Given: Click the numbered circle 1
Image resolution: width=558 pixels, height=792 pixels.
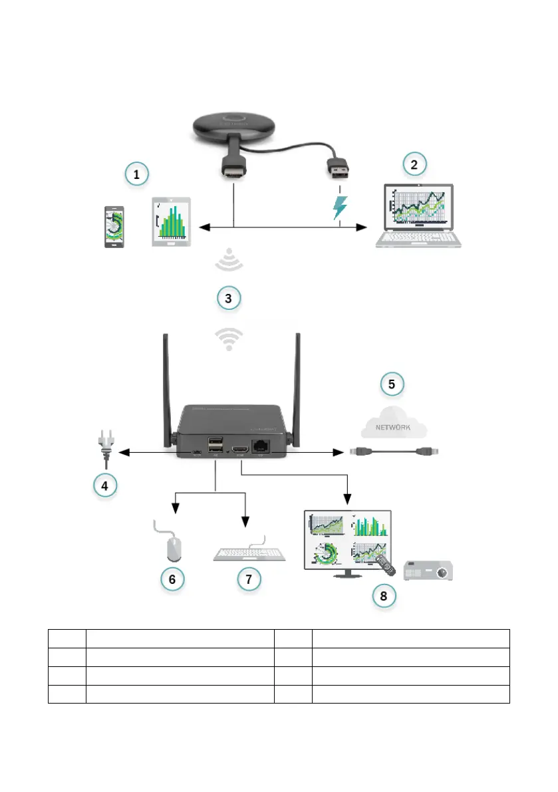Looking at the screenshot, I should [x=136, y=175].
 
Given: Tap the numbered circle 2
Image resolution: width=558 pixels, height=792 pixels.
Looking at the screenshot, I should [x=414, y=164].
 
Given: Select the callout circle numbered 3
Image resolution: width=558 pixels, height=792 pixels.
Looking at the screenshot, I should [x=228, y=298].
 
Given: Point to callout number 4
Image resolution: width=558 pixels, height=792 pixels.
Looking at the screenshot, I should [x=103, y=485].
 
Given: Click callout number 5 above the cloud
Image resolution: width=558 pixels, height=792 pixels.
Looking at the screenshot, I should [x=392, y=384].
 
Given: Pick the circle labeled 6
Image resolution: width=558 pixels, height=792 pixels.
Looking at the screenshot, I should [x=172, y=579].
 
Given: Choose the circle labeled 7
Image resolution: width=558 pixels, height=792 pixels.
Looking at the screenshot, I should [x=249, y=579].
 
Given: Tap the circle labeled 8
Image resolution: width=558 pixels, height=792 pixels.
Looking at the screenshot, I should [x=383, y=595].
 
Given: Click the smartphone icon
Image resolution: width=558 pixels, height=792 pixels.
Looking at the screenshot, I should [x=114, y=226].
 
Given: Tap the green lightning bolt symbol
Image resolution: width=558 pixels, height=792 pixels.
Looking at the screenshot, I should [x=340, y=207].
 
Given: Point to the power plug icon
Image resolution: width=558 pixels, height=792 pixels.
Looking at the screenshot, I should [x=105, y=448].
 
